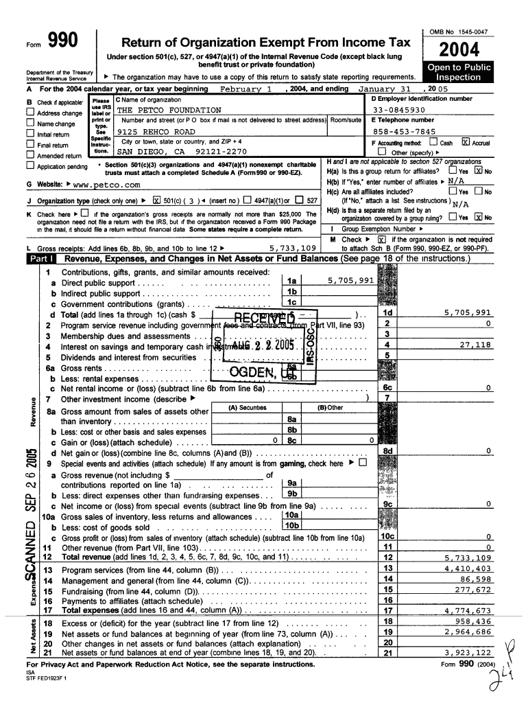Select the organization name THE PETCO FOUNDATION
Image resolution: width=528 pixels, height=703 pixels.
(169, 110)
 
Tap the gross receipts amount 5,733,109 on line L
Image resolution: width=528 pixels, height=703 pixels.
(290, 247)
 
